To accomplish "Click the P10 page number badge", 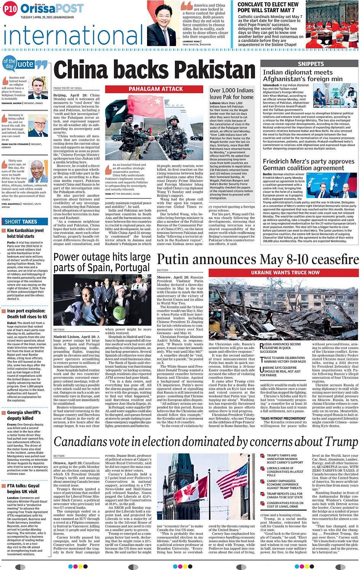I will [10, 9].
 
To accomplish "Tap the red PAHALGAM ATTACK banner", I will [155, 89].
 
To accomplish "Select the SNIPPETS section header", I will [310, 64].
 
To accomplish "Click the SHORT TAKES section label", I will [21, 221].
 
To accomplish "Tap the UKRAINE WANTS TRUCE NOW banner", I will [285, 272].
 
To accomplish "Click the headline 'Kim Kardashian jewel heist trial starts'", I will [25, 233].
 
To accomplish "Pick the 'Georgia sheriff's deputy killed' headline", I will [24, 415].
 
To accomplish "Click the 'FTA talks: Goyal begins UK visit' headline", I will [23, 488].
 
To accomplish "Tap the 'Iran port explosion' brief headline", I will [27, 314].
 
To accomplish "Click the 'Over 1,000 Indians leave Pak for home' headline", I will [231, 94].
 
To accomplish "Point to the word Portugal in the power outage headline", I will [127, 267].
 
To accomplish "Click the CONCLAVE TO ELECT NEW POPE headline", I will [268, 7].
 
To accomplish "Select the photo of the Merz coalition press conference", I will [331, 187].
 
